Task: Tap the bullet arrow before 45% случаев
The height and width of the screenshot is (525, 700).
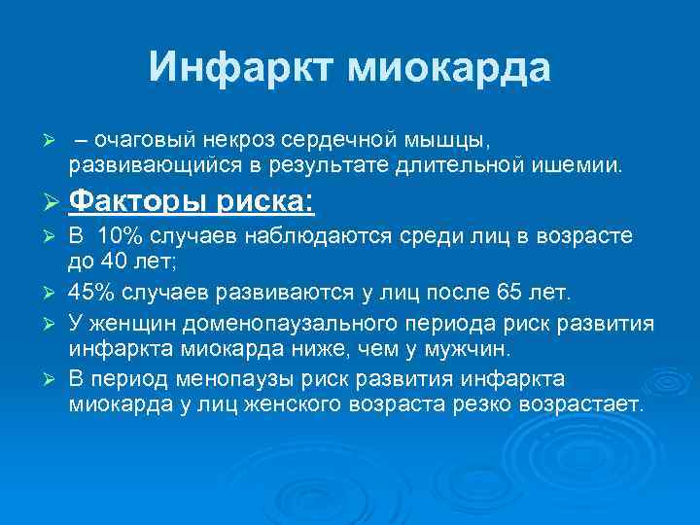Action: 53,293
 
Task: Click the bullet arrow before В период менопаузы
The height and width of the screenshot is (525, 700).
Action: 53,378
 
